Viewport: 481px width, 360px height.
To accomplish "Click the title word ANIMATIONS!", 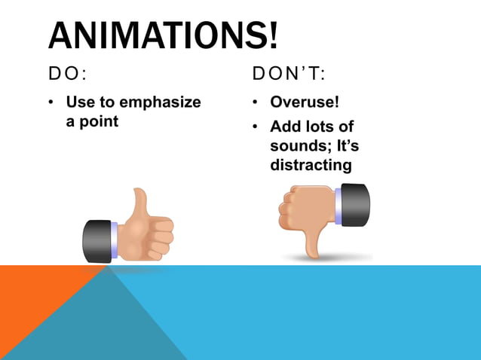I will pos(163,35).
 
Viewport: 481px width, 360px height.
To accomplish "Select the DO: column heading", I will pos(68,74).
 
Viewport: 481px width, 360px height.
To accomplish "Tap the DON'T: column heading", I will pos(290,74).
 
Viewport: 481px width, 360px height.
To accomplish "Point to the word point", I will pos(100,121).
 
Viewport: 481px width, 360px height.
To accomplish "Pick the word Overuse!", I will pos(305,102).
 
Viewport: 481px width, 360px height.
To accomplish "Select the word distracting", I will pos(311,164).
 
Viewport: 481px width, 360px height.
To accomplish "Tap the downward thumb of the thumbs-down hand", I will pos(311,240).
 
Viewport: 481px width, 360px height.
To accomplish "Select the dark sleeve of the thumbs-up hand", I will pos(97,240).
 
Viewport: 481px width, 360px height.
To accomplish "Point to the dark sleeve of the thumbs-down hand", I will pos(355,204).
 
